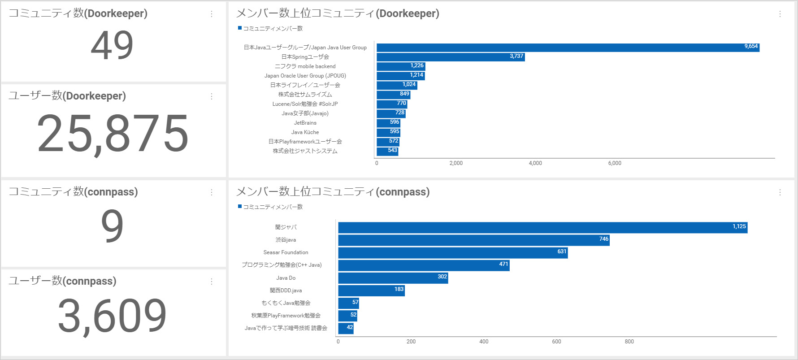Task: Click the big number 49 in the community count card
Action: tap(112, 45)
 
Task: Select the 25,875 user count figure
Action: tap(113, 134)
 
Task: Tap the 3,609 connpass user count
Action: tap(112, 316)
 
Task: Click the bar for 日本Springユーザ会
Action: tap(450, 57)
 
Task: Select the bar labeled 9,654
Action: tap(568, 48)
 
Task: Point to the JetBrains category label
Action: tap(305, 123)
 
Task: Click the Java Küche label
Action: tap(305, 132)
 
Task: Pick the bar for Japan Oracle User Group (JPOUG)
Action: tap(400, 76)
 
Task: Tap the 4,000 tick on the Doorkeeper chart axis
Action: tap(535, 163)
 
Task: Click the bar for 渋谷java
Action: tap(473, 240)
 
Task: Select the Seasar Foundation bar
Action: tap(453, 253)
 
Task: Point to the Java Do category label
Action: tap(286, 278)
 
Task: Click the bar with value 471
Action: tap(424, 265)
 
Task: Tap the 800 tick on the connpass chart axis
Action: tap(629, 342)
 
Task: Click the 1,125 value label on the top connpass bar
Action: tap(739, 226)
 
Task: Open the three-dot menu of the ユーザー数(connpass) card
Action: tap(212, 282)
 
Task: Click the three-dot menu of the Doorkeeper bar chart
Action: tap(780, 14)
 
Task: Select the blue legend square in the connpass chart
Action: tap(240, 206)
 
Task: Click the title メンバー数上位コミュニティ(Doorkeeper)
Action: tap(338, 13)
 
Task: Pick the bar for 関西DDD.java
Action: tap(371, 291)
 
